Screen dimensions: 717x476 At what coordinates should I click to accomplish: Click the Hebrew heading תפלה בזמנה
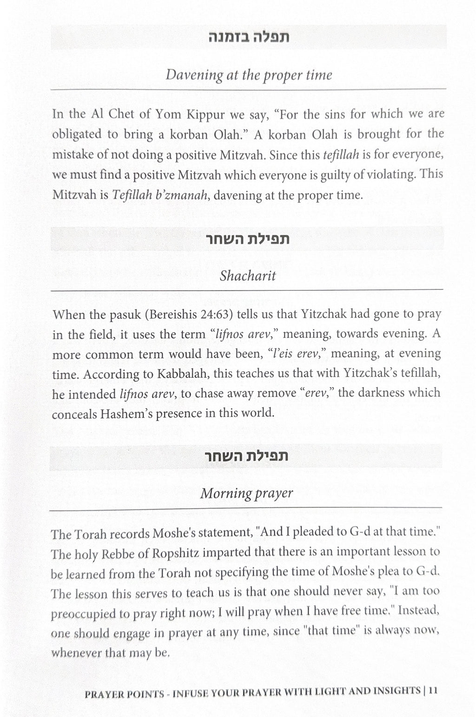click(x=248, y=37)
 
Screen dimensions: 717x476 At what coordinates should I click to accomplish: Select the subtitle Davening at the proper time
click(x=249, y=75)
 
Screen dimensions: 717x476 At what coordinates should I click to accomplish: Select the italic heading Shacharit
click(x=248, y=276)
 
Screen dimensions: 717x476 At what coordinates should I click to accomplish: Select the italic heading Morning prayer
click(x=246, y=493)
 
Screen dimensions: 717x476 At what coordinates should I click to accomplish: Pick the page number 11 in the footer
click(x=433, y=690)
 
